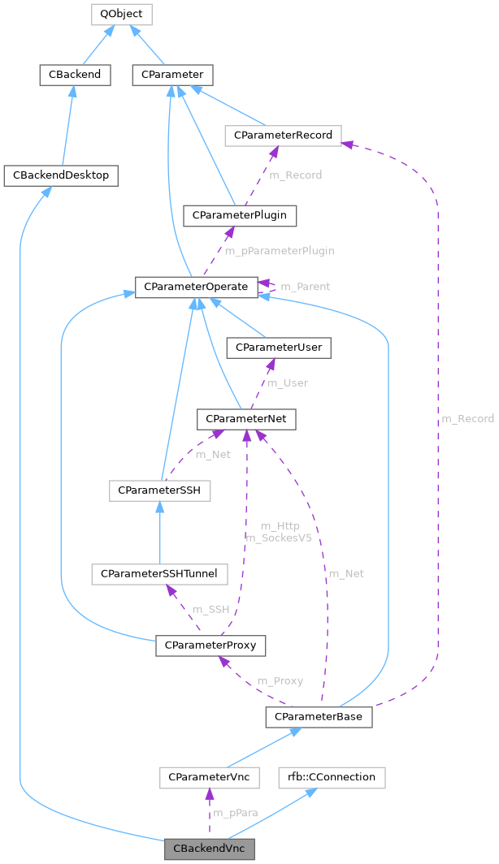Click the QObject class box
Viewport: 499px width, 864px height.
tap(122, 14)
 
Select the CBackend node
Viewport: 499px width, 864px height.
tap(75, 76)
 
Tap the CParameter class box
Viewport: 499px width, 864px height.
tap(172, 76)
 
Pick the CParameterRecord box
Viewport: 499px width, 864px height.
tap(284, 135)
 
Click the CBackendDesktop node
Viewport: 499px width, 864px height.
tap(61, 175)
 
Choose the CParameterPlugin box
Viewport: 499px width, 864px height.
tap(240, 215)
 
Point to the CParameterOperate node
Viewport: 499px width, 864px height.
tap(196, 287)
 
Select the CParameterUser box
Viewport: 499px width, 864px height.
tap(279, 348)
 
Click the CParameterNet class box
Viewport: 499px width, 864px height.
tap(246, 418)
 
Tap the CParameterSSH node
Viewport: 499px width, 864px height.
tap(159, 490)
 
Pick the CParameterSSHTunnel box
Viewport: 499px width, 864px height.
tap(159, 573)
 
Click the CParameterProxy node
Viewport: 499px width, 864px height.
tap(210, 646)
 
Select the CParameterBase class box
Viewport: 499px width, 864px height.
tap(319, 717)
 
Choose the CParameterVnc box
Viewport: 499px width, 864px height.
tap(209, 777)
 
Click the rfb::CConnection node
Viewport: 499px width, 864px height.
tap(331, 777)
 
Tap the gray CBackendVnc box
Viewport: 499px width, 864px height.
tap(210, 849)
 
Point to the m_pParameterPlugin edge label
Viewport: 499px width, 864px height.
tap(280, 251)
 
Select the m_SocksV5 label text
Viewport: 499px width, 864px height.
tap(279, 538)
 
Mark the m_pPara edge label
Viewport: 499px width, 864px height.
tap(236, 813)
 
